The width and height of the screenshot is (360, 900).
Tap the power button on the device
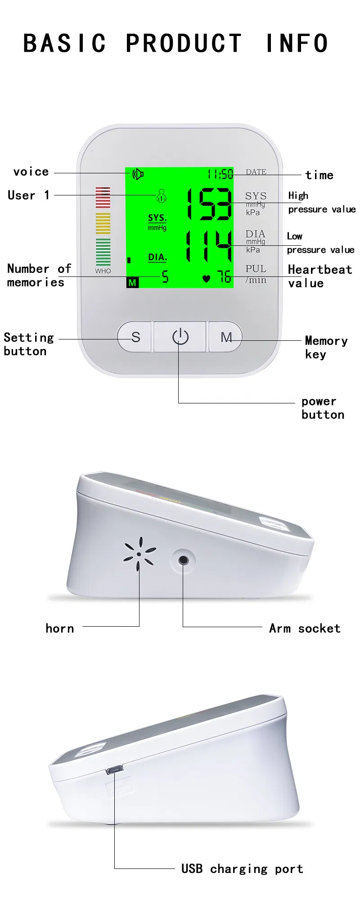(180, 336)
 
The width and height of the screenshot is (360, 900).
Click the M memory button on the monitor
(226, 337)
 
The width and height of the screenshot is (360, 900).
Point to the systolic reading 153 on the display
(210, 204)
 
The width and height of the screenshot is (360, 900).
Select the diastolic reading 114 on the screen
(209, 246)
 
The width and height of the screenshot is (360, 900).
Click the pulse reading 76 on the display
(224, 276)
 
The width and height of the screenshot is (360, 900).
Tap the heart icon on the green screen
(206, 279)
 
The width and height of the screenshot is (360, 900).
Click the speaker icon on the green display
(138, 174)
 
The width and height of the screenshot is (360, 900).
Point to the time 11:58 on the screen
(220, 174)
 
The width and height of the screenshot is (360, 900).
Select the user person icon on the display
(162, 195)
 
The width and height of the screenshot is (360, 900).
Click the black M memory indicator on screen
(132, 283)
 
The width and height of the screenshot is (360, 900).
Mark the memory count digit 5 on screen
(165, 276)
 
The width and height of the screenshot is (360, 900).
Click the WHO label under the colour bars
(103, 271)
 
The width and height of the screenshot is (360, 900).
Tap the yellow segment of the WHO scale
(103, 223)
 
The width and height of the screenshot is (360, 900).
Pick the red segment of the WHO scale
(103, 197)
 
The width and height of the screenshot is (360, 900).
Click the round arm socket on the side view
(183, 560)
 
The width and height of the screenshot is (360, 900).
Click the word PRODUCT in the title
(184, 44)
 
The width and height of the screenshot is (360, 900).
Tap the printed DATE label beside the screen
(256, 172)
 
